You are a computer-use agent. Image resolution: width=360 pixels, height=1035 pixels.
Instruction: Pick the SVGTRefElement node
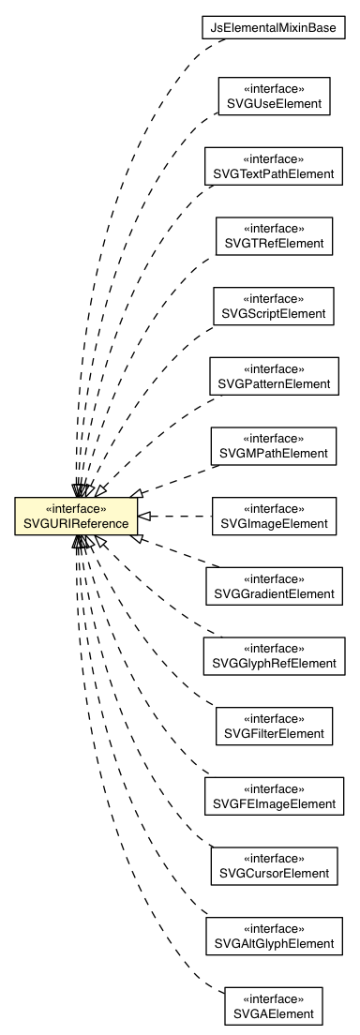click(x=273, y=235)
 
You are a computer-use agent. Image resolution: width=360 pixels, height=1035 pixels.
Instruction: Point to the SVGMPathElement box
click(x=273, y=445)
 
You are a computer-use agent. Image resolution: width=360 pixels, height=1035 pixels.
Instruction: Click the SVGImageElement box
click(x=273, y=515)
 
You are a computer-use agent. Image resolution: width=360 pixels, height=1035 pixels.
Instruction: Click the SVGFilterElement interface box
click(x=273, y=725)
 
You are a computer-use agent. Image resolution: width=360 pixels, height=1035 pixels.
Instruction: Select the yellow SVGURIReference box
click(x=76, y=516)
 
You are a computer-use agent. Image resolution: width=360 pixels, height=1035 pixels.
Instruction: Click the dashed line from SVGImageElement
click(x=178, y=516)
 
